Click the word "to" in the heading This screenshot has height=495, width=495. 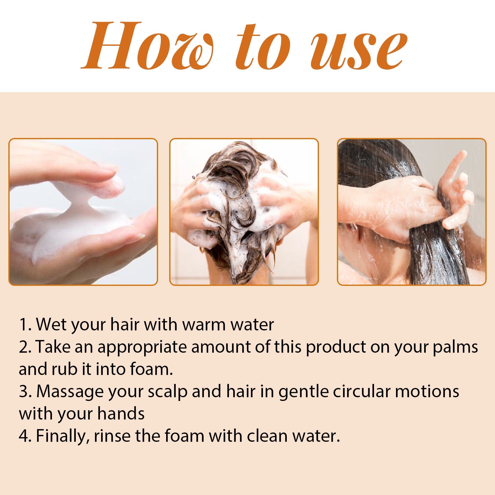263,48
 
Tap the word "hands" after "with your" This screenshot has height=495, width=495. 121,414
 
